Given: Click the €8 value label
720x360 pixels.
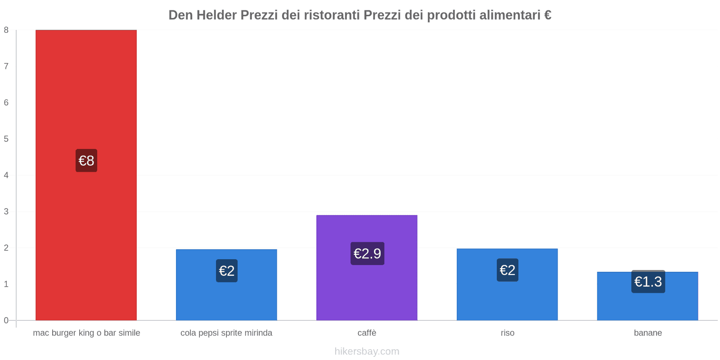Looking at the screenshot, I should (x=86, y=161).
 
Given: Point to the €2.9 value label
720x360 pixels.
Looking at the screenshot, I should (x=367, y=254).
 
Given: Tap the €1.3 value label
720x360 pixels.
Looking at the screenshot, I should (x=648, y=282).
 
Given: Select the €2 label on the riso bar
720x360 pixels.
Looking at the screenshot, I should (x=507, y=270).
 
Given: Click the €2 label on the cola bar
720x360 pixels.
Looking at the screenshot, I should (x=227, y=271).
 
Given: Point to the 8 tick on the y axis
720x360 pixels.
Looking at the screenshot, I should (x=6, y=30).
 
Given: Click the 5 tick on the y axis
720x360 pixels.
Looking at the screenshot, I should (x=6, y=139).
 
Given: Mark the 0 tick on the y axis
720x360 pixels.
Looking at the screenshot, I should (x=6, y=320).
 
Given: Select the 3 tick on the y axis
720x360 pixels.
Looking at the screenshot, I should (x=6, y=211).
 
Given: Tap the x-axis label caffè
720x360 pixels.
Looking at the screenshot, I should (x=367, y=333).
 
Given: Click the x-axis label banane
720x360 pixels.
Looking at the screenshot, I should (x=648, y=333).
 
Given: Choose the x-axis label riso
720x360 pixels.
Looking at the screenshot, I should (x=507, y=333).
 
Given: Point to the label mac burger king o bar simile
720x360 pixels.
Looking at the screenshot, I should (x=86, y=333).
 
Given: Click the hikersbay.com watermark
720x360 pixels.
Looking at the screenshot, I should (x=367, y=351).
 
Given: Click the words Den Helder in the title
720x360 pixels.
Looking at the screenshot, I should (x=202, y=15).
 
